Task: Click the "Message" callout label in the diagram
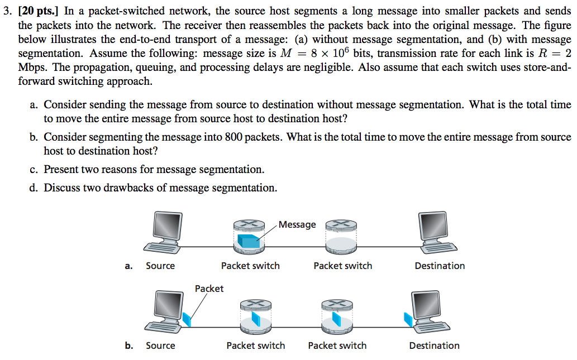297,224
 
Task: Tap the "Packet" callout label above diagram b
209,289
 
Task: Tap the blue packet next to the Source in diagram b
187,319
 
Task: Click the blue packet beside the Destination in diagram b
408,319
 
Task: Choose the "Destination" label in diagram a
440,266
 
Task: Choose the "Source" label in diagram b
160,345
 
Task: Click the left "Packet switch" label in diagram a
250,266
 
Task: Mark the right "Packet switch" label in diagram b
337,345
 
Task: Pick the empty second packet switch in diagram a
341,237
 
